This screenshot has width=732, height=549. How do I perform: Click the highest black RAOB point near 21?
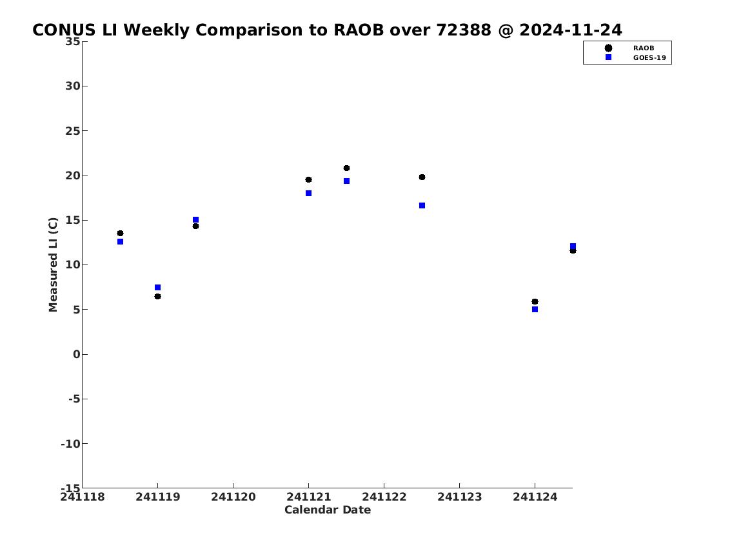(x=346, y=168)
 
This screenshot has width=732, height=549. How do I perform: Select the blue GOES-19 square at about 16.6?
(x=422, y=205)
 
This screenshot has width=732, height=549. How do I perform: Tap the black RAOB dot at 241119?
(x=158, y=297)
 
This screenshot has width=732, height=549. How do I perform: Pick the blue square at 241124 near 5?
(x=535, y=310)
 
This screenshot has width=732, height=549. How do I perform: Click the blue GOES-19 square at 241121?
(x=308, y=194)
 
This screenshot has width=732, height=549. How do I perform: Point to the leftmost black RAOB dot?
(x=120, y=234)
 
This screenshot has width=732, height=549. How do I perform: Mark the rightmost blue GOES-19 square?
(x=573, y=246)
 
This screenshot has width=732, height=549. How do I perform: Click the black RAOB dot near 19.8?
(x=422, y=177)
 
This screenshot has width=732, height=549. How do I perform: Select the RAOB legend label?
(x=644, y=48)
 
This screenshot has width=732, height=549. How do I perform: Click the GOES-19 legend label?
(x=649, y=58)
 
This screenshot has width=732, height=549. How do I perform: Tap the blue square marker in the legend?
(x=608, y=57)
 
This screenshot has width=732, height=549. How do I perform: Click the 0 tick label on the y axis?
(x=77, y=354)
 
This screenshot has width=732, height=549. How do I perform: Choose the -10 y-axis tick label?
(x=70, y=443)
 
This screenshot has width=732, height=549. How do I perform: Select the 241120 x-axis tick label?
(x=233, y=497)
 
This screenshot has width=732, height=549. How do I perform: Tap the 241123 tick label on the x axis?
(x=459, y=497)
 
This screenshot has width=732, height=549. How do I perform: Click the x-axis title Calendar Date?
(x=328, y=510)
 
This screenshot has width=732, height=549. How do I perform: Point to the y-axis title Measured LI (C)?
(x=54, y=265)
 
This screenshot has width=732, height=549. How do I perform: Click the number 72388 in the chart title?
(x=464, y=30)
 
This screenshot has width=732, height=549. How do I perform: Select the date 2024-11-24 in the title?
(x=571, y=30)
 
